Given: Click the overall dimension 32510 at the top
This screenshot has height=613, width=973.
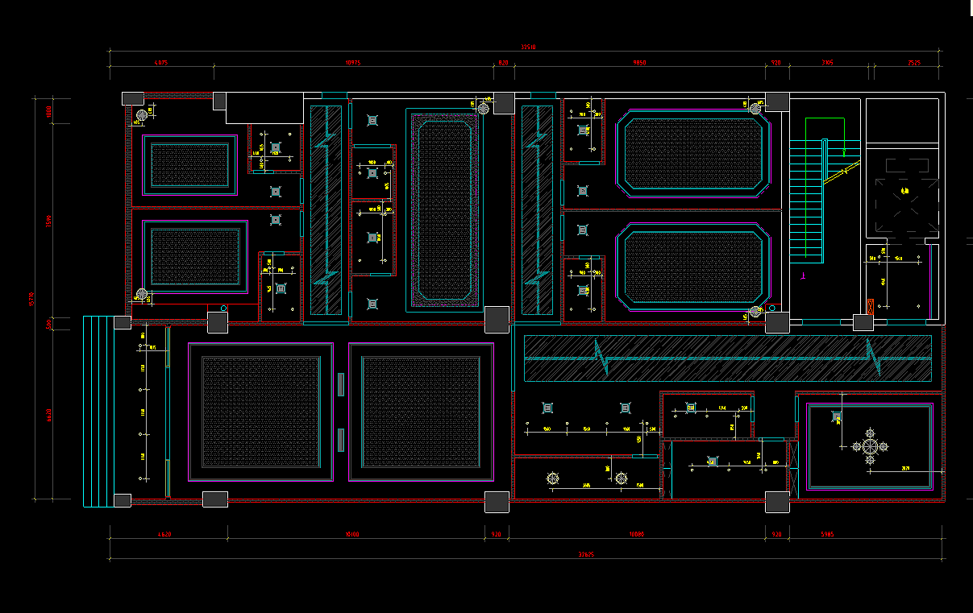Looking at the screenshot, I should pos(528,47).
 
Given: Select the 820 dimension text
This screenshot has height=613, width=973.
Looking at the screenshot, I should pos(503,63).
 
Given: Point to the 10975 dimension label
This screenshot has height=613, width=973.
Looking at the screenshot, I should pos(353,63).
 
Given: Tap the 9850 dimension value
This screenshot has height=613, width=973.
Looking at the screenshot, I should pos(639,63).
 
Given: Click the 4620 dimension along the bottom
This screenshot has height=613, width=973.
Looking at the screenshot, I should pos(164,534).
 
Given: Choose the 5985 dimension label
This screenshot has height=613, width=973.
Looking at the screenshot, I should pos(827,534).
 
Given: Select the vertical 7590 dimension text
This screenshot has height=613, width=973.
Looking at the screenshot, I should pos(49,221).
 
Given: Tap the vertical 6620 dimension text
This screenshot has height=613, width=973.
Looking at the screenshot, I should pos(49,415).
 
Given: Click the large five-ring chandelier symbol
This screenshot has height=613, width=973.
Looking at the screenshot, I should pos(870,446).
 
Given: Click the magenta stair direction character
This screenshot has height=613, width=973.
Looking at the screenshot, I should pos(803,275).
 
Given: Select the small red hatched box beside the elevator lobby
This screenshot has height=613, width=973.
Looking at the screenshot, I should pos(871,306).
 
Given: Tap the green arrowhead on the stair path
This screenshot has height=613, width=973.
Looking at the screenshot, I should pos(844,152).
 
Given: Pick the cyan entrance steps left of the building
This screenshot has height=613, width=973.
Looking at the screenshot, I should pos(98,411).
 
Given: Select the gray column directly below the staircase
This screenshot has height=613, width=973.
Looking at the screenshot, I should pos(777,323).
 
